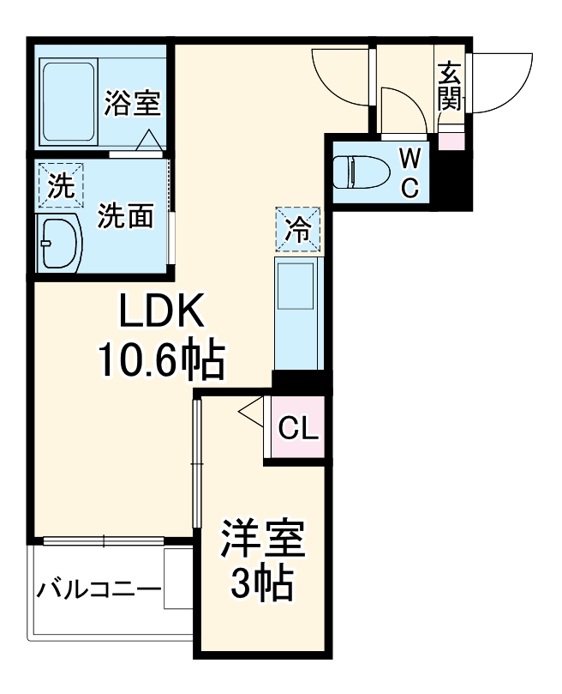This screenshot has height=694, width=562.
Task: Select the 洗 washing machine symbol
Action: (x=60, y=186)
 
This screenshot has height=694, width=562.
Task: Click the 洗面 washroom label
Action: (x=125, y=216)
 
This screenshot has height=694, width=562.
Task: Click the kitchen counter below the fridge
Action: (x=298, y=313)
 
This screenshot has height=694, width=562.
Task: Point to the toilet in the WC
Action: (x=358, y=172)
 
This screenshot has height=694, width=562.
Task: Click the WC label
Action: (x=410, y=172)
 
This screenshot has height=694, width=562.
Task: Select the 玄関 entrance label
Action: (x=449, y=86)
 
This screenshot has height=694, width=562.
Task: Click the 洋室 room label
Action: (x=261, y=542)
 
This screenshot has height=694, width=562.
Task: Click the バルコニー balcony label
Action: (x=99, y=591)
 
